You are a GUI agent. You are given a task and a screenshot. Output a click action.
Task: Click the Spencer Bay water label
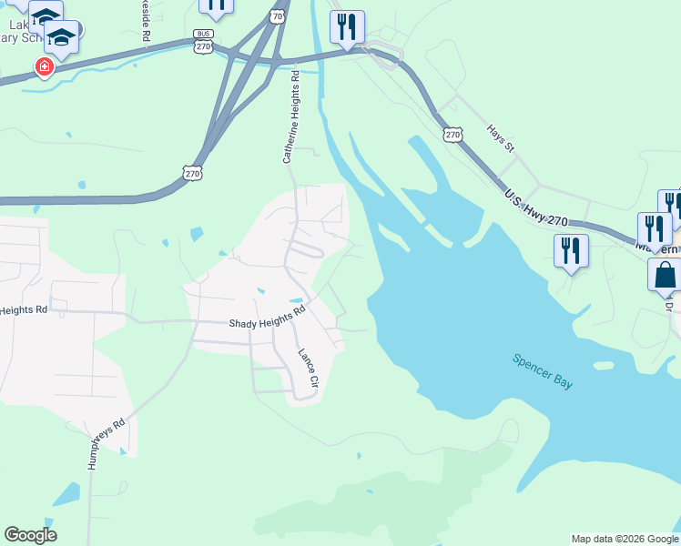(543, 371)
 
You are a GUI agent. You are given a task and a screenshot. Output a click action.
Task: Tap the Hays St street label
(500, 139)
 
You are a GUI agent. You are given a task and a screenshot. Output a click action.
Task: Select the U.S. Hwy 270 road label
(535, 208)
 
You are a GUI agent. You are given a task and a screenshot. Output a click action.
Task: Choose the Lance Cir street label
(307, 369)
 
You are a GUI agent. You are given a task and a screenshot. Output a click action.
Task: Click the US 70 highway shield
(279, 15)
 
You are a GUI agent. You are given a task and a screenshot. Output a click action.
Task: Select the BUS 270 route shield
(203, 40)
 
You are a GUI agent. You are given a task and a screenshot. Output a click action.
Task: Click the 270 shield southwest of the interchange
(191, 172)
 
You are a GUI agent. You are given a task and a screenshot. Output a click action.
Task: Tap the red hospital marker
(43, 66)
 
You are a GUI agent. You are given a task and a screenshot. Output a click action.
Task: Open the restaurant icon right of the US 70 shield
(346, 27)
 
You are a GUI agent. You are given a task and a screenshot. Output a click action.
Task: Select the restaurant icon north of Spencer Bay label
(570, 250)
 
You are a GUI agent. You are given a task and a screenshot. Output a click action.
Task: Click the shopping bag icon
(664, 274)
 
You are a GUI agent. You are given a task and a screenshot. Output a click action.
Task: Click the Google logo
(30, 535)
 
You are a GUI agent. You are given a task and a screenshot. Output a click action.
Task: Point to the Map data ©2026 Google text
(625, 539)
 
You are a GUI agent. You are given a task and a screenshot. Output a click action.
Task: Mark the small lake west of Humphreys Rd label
(66, 494)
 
